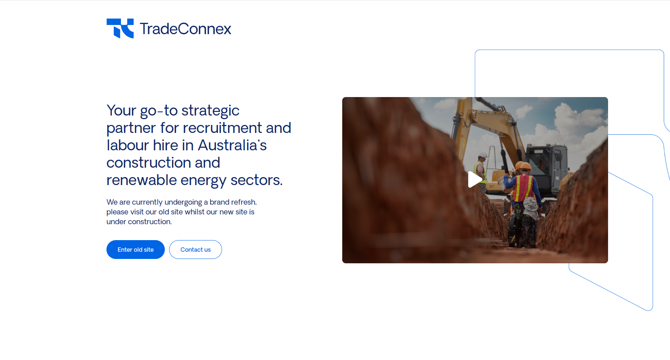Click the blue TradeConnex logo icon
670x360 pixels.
[120, 28]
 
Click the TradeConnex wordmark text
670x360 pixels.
[185, 29]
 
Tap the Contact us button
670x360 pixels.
[196, 250]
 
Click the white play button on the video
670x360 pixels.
[475, 179]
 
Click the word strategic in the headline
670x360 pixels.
[210, 111]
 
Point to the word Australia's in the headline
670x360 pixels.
[232, 145]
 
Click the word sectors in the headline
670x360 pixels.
[256, 180]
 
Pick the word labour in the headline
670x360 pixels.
[127, 145]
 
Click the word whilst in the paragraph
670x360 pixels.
[194, 212]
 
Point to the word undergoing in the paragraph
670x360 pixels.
[183, 202]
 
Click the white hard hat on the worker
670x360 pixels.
[483, 154]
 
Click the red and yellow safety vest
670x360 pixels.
[524, 188]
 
